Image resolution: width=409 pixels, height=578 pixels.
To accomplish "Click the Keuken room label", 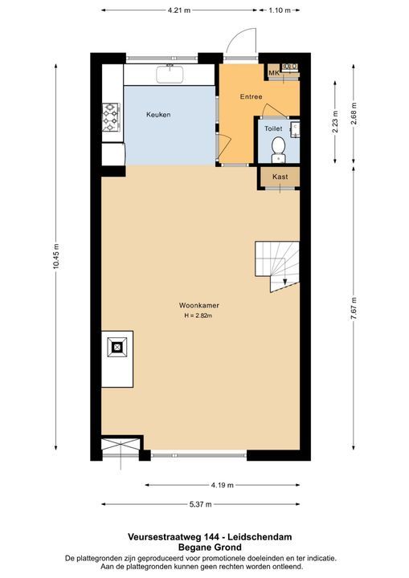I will tap(158, 115).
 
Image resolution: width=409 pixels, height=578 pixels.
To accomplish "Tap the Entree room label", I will tap(252, 97).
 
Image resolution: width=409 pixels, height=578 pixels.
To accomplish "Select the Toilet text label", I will tap(274, 128).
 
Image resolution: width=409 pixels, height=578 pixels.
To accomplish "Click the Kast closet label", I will tap(280, 177).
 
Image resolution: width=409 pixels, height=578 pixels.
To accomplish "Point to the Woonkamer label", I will tap(200, 306).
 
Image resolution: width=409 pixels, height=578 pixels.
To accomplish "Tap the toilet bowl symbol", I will tap(279, 147).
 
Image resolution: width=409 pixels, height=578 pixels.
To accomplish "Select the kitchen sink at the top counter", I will tap(171, 75).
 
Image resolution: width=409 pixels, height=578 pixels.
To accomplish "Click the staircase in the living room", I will tap(276, 266).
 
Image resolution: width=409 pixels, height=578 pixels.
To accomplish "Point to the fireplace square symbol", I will tap(117, 347).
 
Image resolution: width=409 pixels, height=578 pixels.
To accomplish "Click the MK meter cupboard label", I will tap(273, 74).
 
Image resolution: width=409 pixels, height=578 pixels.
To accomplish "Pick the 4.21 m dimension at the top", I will tap(179, 10).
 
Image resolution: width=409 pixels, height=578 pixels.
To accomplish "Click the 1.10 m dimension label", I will tap(278, 10).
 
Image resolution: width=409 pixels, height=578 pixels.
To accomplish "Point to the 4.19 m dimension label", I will tap(223, 485).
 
